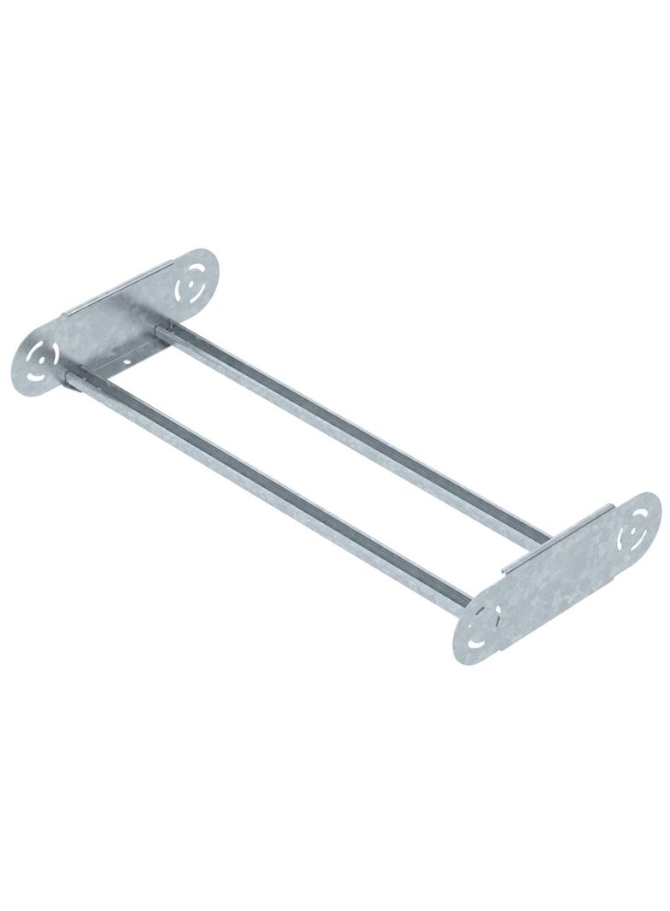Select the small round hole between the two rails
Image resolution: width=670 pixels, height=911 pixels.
point(126,360)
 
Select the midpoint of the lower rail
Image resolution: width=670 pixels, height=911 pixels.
point(269,488)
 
